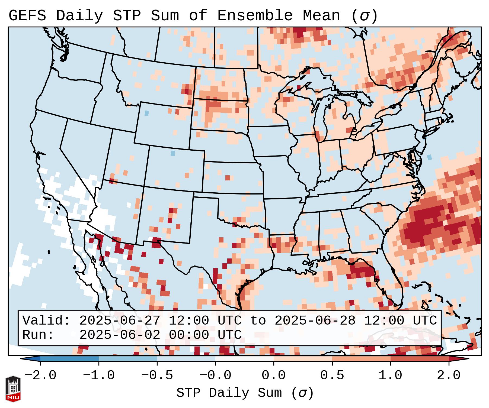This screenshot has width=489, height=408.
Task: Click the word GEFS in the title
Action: (x=27, y=16)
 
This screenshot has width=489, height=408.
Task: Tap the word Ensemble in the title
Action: (x=255, y=16)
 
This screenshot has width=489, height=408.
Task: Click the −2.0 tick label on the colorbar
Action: (x=40, y=375)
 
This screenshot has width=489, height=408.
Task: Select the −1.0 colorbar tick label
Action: (x=99, y=375)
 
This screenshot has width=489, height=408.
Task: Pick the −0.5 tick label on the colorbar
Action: (x=157, y=375)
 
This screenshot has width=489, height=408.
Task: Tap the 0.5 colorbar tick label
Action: (x=332, y=375)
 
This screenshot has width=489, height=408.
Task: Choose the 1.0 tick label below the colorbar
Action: (x=390, y=375)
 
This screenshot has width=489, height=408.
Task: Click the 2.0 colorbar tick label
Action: (x=449, y=375)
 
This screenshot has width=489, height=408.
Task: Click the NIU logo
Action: (x=13, y=389)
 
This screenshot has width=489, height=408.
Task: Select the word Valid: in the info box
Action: (x=46, y=321)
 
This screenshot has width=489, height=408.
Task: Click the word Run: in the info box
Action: (x=38, y=335)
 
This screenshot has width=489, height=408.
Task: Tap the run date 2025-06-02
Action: (x=120, y=335)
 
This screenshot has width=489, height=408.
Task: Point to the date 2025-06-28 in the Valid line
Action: (x=315, y=321)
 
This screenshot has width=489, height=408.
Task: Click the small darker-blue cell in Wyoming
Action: (x=147, y=113)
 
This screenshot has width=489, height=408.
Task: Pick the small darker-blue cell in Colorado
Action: (x=173, y=153)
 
